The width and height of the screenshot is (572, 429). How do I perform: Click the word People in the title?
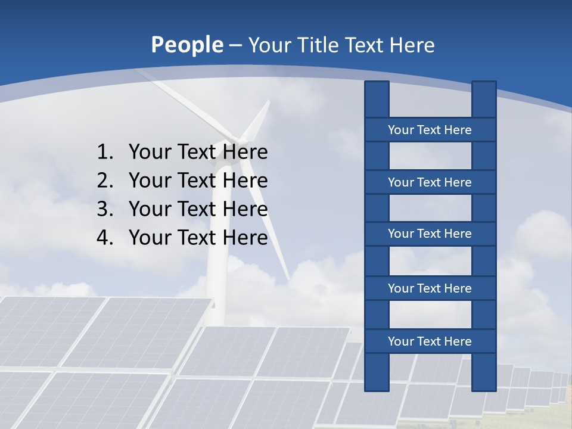tap(187, 45)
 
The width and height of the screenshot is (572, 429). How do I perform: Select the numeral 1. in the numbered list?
tap(105, 153)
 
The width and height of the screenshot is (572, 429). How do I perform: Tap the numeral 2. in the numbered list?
tap(105, 181)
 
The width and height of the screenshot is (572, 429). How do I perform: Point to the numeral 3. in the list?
tap(105, 209)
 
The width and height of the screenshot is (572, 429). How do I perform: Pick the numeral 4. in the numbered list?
tap(105, 238)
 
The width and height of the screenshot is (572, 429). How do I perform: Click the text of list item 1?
tap(198, 153)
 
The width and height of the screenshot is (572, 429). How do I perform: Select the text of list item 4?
tap(198, 238)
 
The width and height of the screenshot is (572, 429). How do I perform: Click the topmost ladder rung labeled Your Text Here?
tap(430, 130)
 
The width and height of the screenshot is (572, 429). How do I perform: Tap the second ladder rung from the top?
tap(430, 182)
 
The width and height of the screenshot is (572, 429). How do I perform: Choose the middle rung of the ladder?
tap(430, 234)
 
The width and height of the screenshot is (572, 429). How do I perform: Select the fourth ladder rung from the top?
tap(430, 288)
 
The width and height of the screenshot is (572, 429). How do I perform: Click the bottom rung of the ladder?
tap(430, 341)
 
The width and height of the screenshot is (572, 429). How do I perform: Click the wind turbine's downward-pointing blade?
tap(268, 226)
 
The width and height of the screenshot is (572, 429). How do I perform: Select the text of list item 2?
tap(198, 181)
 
